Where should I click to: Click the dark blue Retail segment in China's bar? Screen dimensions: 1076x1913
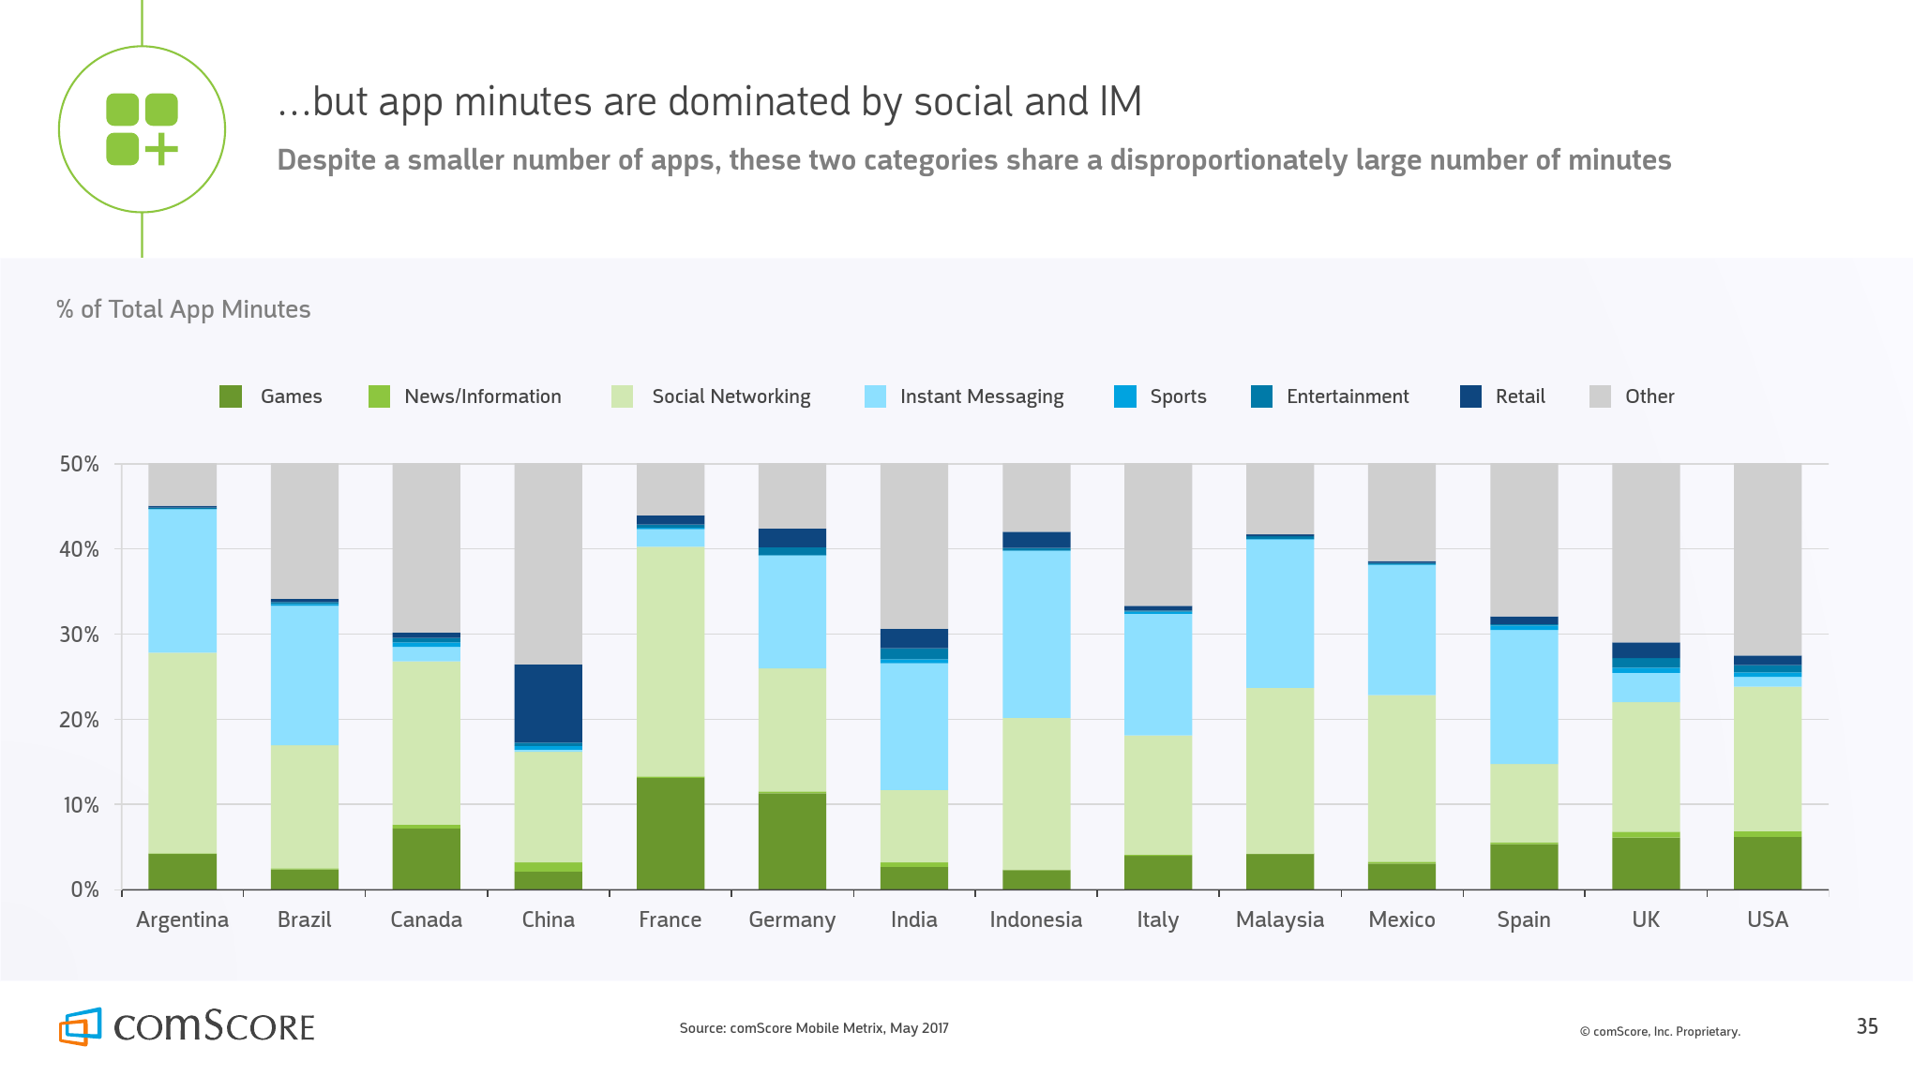pyautogui.click(x=548, y=703)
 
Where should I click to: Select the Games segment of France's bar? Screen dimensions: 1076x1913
pyautogui.click(x=670, y=833)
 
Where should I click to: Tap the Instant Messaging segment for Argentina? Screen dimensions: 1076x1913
pyautogui.click(x=182, y=580)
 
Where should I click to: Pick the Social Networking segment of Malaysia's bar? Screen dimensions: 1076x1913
pyautogui.click(x=1279, y=770)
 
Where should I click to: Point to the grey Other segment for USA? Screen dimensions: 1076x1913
pyautogui.click(x=1767, y=559)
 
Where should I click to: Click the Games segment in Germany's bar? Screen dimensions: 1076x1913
pyautogui.click(x=791, y=841)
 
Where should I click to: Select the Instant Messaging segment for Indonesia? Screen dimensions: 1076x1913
pyautogui.click(x=1035, y=634)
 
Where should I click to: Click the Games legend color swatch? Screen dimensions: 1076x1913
pyautogui.click(x=231, y=396)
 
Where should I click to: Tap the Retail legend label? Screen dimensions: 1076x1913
pyautogui.click(x=1519, y=396)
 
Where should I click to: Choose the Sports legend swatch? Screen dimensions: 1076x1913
pyautogui.click(x=1124, y=396)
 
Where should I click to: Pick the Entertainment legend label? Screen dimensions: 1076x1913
pyautogui.click(x=1347, y=396)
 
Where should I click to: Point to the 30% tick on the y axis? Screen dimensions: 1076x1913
pyautogui.click(x=80, y=635)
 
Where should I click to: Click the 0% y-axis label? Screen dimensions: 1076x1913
pyautogui.click(x=84, y=889)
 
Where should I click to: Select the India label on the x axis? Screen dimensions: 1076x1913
pyautogui.click(x=913, y=919)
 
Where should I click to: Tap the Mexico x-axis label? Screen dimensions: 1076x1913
pyautogui.click(x=1401, y=919)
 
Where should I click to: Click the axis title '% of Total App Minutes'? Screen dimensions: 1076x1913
pyautogui.click(x=184, y=309)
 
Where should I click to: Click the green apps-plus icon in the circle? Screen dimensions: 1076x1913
pyautogui.click(x=142, y=129)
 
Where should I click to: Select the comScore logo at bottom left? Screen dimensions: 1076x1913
pyautogui.click(x=187, y=1026)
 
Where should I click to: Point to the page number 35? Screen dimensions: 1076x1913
pyautogui.click(x=1866, y=1026)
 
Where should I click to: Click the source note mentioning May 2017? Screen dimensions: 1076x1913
pyautogui.click(x=814, y=1028)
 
